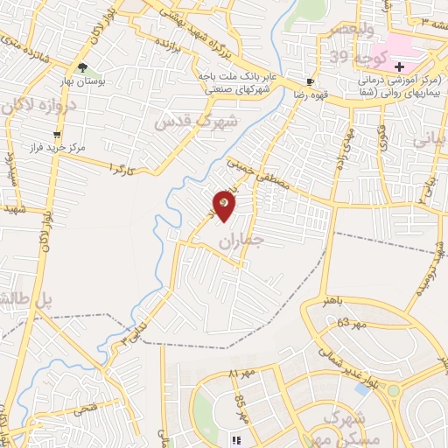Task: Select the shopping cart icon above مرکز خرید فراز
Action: click(58, 135)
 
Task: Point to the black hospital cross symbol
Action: click(400, 66)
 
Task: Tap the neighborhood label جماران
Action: click(248, 243)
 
